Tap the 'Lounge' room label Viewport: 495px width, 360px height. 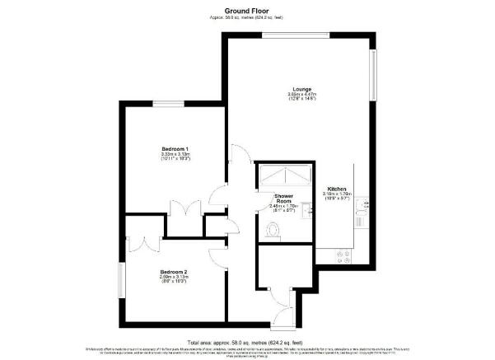click(x=300, y=89)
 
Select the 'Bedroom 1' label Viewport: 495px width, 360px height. click(x=171, y=147)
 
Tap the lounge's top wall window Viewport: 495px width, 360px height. click(x=286, y=35)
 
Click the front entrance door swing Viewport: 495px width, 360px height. click(x=283, y=306)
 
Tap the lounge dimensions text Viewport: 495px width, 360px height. click(x=300, y=97)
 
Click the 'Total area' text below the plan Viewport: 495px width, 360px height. click(x=246, y=341)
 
